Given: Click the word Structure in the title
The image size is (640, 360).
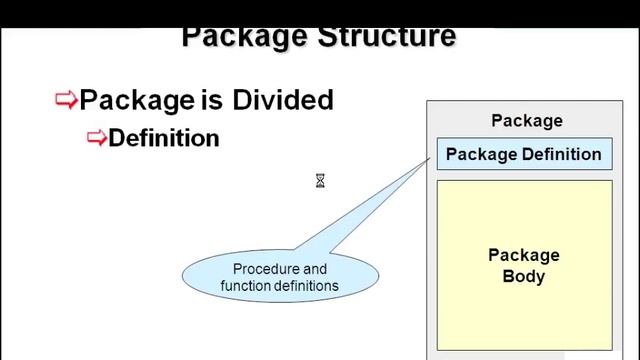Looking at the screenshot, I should (387, 37).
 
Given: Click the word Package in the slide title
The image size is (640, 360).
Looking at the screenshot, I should (244, 37).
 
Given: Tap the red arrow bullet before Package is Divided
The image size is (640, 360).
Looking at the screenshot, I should (66, 99).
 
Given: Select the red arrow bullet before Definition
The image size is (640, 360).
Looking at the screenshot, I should (97, 138).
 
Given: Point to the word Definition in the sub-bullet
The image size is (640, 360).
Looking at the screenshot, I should (163, 138).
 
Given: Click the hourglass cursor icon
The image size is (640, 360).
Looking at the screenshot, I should (320, 181).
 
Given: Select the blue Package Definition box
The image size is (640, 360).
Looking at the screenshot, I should (523, 154).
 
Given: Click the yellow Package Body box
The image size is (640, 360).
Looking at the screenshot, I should (523, 300).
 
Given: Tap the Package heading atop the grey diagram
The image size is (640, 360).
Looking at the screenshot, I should (526, 121).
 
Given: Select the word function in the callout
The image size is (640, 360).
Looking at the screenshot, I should (245, 286).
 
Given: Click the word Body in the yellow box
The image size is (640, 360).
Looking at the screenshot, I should (524, 276).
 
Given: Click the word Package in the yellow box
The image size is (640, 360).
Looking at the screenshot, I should (524, 255).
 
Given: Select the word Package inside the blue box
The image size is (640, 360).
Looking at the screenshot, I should (480, 154).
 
